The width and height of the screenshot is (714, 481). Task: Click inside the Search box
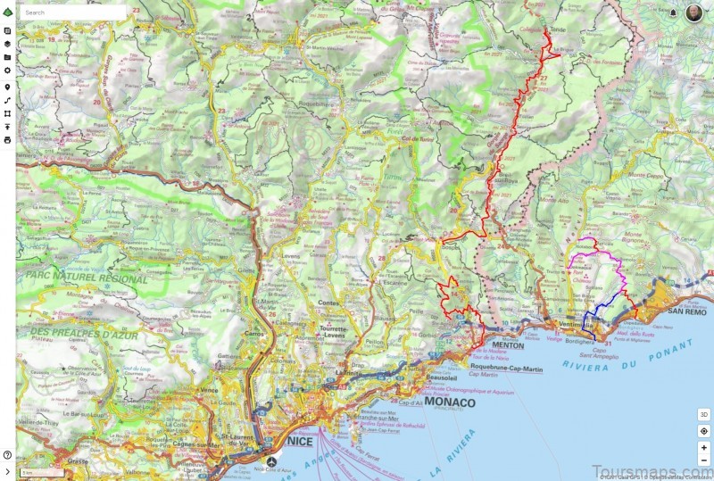[71, 13]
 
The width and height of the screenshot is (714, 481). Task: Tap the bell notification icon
[673, 13]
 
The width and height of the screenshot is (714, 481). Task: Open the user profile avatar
[693, 12]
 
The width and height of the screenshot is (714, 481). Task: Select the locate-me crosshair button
[703, 431]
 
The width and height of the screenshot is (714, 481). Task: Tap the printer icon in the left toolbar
[7, 140]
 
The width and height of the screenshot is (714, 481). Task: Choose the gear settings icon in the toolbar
[7, 70]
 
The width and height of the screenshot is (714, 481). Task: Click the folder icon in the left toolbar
[7, 56]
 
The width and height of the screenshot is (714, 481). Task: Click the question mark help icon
[7, 455]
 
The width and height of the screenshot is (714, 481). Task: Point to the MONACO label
[450, 402]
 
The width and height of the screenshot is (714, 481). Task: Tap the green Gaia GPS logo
[7, 12]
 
